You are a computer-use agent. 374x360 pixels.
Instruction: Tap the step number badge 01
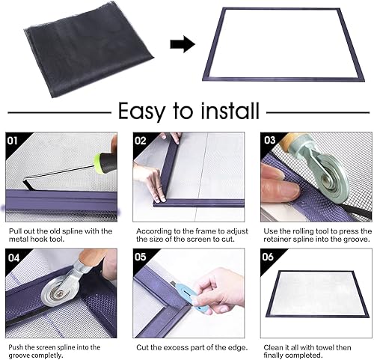(x=13, y=140)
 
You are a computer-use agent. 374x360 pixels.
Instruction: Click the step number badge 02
(x=141, y=140)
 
